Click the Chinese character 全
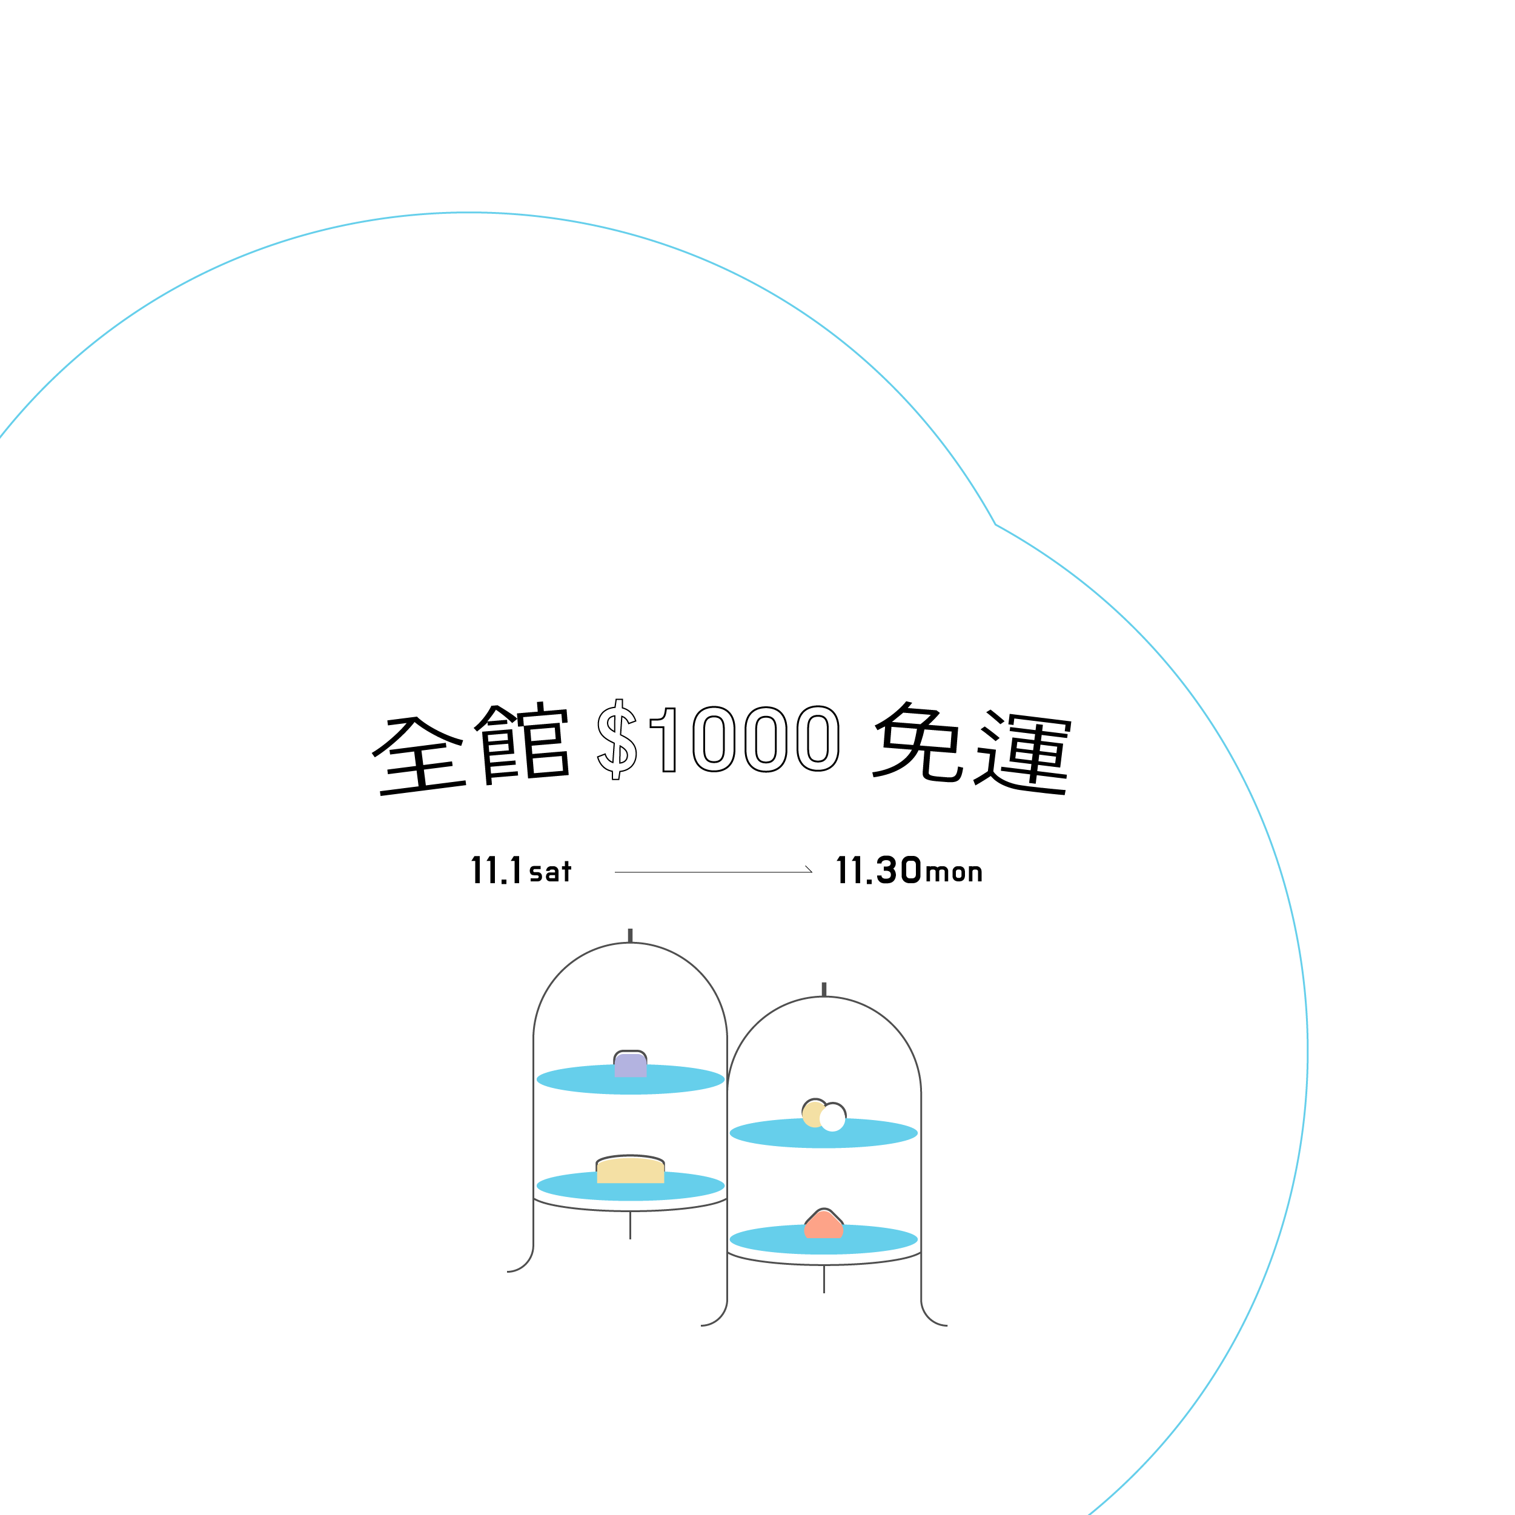[x=420, y=754]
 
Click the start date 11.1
[x=496, y=870]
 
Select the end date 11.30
[x=878, y=870]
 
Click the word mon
[x=953, y=872]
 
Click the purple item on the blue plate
[x=631, y=1064]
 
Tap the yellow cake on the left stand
[x=631, y=1170]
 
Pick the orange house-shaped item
[x=823, y=1225]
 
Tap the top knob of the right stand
[x=824, y=989]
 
